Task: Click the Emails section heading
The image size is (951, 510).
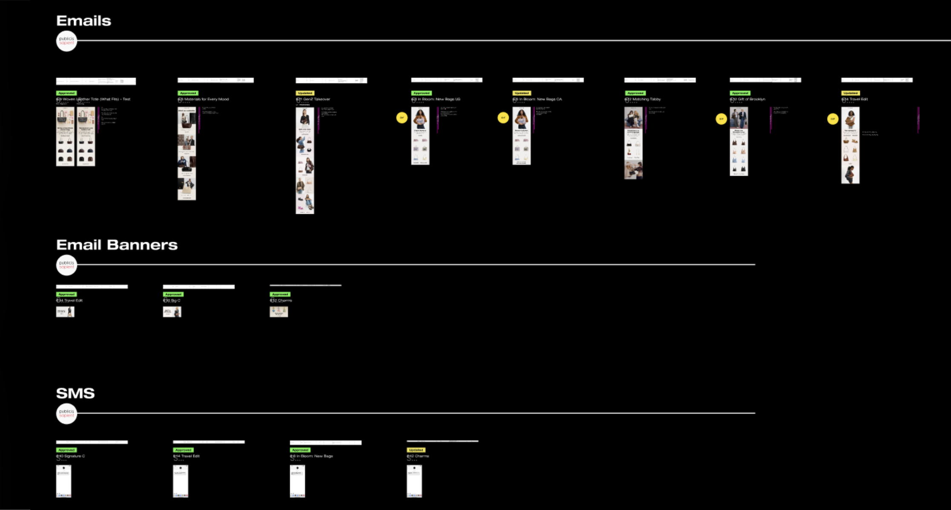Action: click(x=83, y=21)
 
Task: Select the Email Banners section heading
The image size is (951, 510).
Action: click(x=117, y=245)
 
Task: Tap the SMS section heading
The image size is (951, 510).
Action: click(x=75, y=393)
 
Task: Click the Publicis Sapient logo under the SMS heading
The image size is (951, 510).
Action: click(x=66, y=413)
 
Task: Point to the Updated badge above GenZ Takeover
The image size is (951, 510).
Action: click(x=305, y=93)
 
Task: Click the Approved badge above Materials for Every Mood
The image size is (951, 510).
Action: click(x=188, y=93)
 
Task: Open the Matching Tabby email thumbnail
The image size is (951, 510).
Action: click(x=633, y=143)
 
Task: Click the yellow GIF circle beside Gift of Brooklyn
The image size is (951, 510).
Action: click(x=721, y=119)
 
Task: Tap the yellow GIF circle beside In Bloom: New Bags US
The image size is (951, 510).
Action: click(x=401, y=118)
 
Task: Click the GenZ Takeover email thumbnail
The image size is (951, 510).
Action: click(x=305, y=160)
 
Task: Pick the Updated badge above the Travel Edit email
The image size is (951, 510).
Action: click(x=850, y=93)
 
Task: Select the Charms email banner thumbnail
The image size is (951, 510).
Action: click(x=278, y=312)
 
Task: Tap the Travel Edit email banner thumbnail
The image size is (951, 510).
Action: click(x=65, y=312)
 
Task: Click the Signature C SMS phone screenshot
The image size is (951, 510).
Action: click(x=63, y=481)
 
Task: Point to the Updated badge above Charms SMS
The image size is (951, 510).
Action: click(x=416, y=450)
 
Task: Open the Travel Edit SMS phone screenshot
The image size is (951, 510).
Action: click(x=180, y=481)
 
